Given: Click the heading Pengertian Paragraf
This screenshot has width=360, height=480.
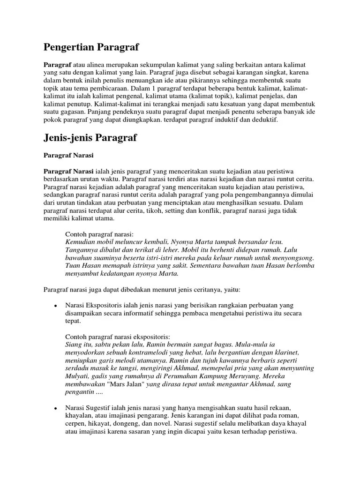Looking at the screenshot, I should [91, 47].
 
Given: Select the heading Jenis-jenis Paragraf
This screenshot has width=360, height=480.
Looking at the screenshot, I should [90, 138].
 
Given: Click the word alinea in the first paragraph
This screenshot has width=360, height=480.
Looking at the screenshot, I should [93, 64].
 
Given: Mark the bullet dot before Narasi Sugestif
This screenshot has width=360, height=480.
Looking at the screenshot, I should [55, 409].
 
